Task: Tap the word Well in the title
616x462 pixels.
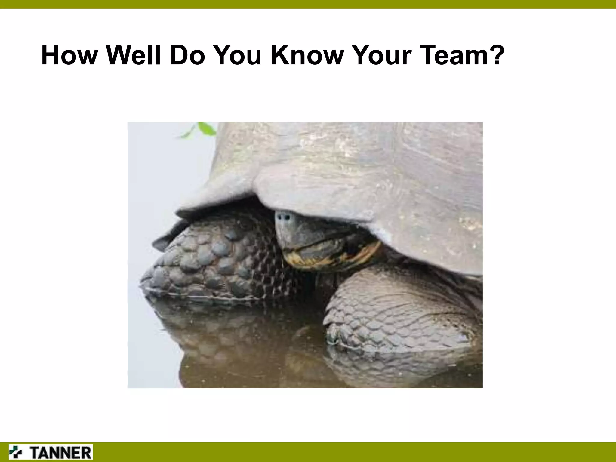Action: coord(134,55)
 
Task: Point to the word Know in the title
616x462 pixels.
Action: coord(307,55)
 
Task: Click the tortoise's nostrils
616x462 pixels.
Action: coord(284,216)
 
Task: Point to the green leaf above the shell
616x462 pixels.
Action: coord(206,129)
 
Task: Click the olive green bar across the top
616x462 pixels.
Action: coord(308,4)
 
